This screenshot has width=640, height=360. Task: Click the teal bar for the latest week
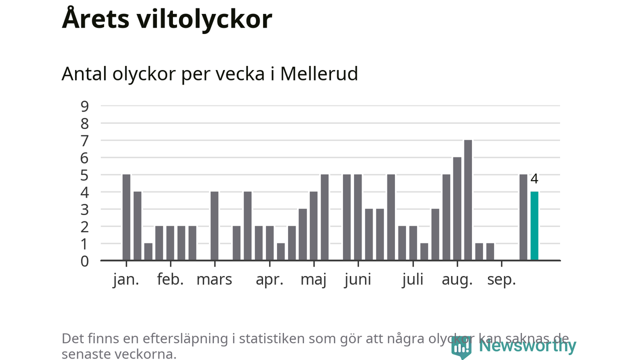click(534, 226)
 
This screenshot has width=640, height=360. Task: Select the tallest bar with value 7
click(468, 200)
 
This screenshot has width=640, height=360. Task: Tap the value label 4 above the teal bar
click(534, 179)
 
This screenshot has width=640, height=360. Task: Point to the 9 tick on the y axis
click(84, 106)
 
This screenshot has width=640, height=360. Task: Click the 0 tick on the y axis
click(84, 260)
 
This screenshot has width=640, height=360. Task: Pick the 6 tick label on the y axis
click(84, 157)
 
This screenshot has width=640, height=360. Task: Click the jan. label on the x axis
click(126, 279)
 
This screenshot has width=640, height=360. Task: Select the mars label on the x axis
click(214, 279)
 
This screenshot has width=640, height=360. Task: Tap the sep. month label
click(501, 279)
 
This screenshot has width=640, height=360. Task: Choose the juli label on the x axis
click(412, 279)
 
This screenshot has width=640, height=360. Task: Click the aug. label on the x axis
click(457, 279)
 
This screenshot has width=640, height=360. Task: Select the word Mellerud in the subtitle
click(319, 74)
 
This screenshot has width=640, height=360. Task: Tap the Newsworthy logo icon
click(461, 347)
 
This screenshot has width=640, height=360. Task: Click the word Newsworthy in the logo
click(527, 345)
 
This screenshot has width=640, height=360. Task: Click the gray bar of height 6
click(457, 208)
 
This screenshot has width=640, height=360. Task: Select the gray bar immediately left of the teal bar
click(523, 217)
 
